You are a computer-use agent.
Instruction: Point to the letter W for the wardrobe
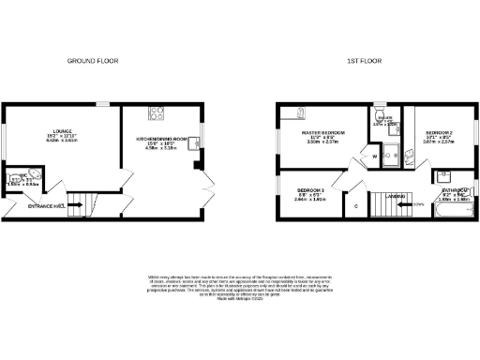(x=374, y=156)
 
